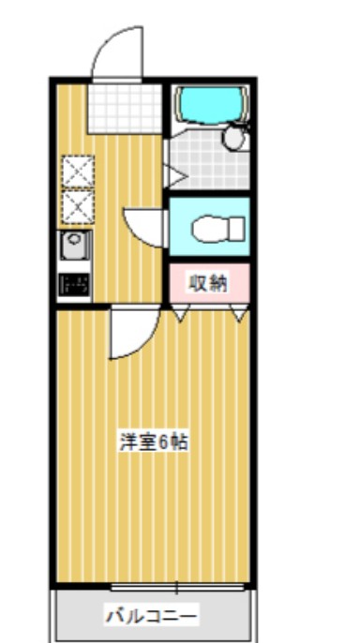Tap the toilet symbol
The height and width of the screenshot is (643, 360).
(217, 228)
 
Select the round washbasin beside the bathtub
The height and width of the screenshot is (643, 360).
(233, 138)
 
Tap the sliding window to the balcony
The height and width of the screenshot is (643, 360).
(178, 587)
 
